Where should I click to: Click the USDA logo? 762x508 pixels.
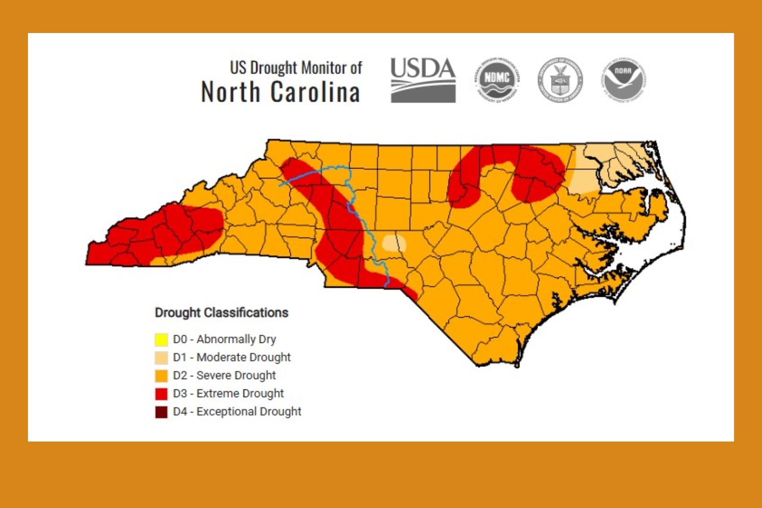422,80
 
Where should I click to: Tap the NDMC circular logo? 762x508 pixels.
497,80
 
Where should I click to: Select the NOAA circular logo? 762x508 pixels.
623,80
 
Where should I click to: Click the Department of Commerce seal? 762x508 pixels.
560,80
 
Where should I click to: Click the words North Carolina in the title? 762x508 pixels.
281,92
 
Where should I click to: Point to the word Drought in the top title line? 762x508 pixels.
273,68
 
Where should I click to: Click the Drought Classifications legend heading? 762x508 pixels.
221,313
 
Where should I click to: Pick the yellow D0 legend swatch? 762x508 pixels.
161,340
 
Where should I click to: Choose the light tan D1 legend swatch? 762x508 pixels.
161,358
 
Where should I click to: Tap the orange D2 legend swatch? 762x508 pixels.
161,376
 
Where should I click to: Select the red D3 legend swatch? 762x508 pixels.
161,394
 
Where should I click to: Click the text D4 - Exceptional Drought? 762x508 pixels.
237,411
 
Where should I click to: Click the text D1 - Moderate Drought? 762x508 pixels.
232,357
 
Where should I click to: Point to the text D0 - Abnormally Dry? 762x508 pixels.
224,339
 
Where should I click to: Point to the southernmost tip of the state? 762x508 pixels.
517,365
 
